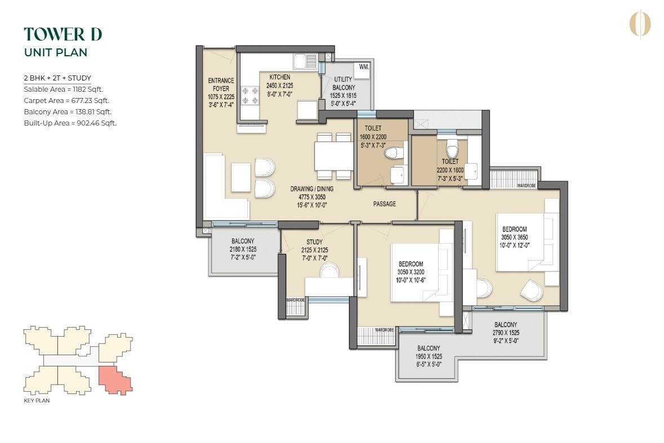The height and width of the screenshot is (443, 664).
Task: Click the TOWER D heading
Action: coord(63,34)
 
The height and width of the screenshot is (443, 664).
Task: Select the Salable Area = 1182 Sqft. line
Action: coord(63,89)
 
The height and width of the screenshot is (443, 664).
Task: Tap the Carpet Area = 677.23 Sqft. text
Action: coord(66,100)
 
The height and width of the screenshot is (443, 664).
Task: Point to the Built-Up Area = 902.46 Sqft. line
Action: coord(70,123)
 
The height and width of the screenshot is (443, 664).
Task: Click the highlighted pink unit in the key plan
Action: coord(115,378)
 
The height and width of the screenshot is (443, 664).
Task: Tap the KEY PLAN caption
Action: coord(37,401)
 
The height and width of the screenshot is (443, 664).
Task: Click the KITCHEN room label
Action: coord(279,77)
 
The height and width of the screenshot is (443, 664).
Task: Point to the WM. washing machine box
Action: coord(364,67)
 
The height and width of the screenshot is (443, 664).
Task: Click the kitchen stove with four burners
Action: coord(248,96)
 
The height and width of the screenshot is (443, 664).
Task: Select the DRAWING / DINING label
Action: coord(308,189)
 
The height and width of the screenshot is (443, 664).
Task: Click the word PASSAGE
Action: coord(384,204)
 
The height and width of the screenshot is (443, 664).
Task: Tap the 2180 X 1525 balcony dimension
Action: coord(243,249)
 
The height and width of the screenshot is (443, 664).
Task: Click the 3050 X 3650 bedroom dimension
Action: coord(514,238)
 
